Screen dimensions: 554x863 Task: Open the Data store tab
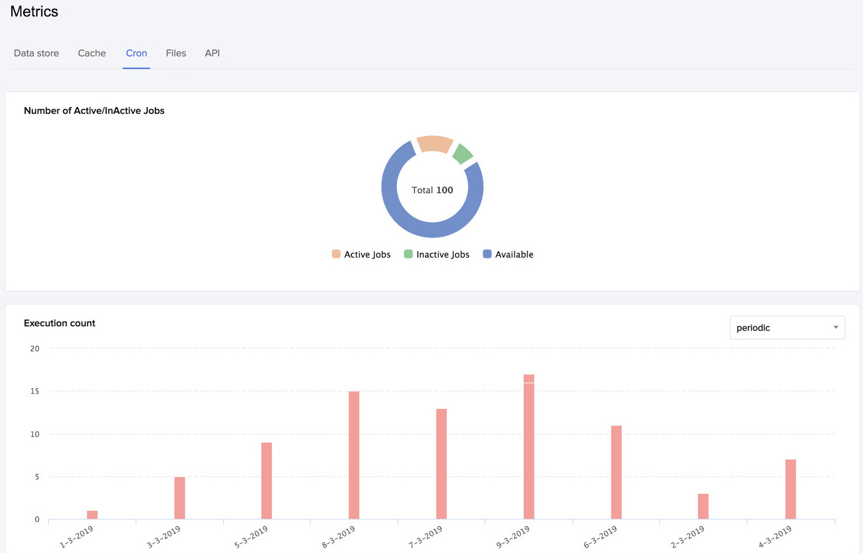(36, 53)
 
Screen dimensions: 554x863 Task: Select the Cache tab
(92, 53)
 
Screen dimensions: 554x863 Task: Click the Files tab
(176, 53)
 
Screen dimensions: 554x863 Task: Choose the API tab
(212, 53)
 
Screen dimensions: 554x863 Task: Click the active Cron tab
(136, 53)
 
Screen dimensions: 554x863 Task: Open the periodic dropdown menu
(787, 328)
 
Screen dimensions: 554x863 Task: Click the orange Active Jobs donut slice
(434, 144)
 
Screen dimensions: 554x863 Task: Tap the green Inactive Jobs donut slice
(462, 154)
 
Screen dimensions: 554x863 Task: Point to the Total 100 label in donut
(432, 190)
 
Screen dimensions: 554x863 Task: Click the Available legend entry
(508, 254)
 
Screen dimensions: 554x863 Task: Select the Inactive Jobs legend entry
(436, 254)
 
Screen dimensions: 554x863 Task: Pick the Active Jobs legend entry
(361, 254)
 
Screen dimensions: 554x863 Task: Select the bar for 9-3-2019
(529, 447)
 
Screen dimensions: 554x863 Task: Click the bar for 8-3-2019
(354, 455)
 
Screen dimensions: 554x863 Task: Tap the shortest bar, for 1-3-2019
(92, 515)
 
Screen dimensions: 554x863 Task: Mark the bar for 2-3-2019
(703, 506)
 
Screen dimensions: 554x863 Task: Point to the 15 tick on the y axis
(35, 391)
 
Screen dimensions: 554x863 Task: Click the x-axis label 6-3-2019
(601, 536)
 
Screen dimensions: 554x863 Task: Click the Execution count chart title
(59, 323)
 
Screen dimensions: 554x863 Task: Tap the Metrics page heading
(34, 12)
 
